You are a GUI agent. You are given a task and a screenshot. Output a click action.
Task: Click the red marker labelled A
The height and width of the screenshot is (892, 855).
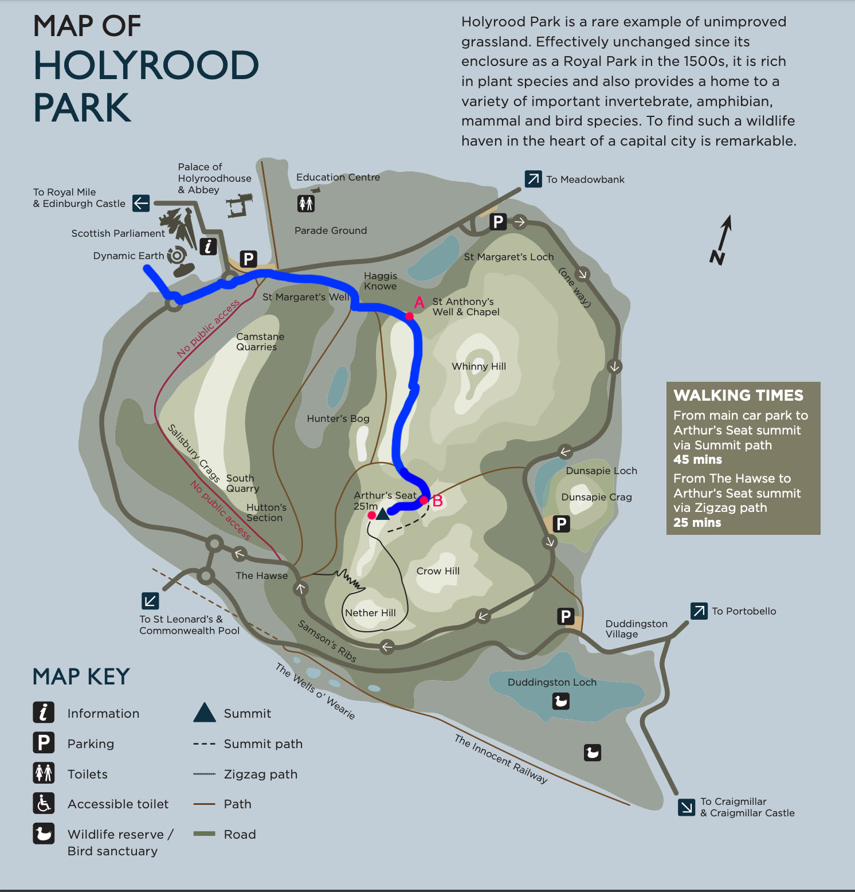click(409, 316)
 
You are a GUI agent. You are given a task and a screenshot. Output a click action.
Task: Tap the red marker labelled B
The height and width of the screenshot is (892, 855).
click(423, 500)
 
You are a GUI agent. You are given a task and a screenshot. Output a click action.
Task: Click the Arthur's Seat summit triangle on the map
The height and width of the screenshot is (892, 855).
click(382, 513)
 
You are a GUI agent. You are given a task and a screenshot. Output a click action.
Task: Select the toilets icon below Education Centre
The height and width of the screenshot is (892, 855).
click(306, 203)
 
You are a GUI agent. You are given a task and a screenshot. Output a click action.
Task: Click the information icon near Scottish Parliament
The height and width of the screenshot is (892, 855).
click(208, 246)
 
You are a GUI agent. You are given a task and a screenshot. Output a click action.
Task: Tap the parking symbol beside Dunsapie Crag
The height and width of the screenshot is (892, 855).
click(562, 523)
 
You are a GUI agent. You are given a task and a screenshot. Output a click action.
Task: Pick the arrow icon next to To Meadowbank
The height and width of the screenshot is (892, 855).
click(533, 179)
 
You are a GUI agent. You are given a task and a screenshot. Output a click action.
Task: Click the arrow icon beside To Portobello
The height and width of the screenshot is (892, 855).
click(699, 611)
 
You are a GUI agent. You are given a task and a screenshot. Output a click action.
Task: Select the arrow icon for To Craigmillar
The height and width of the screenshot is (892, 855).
click(687, 807)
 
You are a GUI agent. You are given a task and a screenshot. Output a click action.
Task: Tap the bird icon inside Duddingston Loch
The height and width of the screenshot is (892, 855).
click(560, 701)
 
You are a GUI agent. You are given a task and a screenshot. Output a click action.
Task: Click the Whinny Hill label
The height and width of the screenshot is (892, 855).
click(479, 366)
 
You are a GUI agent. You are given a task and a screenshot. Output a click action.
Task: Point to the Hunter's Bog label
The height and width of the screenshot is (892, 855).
click(338, 418)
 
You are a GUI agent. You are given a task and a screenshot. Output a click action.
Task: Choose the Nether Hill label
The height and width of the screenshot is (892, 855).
click(370, 613)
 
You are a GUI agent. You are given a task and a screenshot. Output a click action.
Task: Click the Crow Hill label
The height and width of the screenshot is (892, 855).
click(438, 571)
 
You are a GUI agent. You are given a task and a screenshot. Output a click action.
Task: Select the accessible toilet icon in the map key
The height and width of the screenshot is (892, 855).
click(44, 804)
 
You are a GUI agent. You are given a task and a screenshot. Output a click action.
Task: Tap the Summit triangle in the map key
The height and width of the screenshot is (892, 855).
click(205, 713)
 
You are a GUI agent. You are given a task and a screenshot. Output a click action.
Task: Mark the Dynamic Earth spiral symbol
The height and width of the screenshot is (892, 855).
click(177, 255)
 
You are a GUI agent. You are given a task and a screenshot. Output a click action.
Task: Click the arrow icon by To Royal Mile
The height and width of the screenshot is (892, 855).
click(141, 203)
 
